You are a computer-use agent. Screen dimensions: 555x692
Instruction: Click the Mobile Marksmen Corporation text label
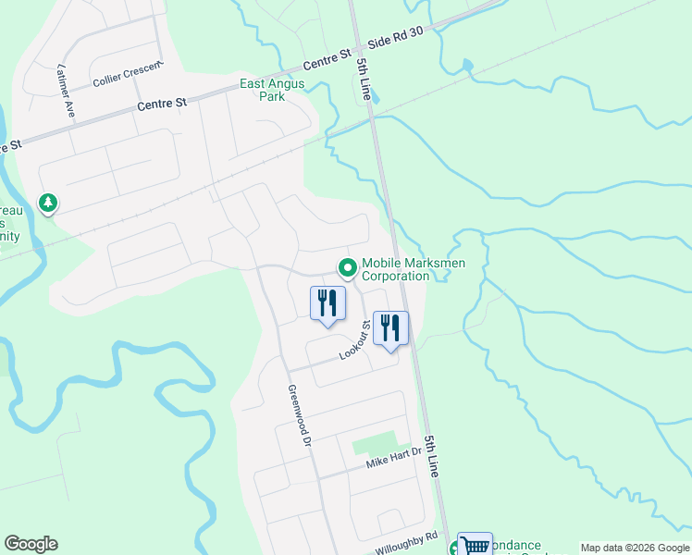(413, 269)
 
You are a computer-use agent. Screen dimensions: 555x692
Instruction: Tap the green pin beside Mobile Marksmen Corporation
(348, 268)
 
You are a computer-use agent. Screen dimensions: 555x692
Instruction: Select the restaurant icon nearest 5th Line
(390, 328)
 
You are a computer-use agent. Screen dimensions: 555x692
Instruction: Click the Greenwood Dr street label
(297, 415)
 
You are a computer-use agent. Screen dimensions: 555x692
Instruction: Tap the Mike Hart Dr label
(392, 456)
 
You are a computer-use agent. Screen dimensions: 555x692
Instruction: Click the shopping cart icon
(475, 545)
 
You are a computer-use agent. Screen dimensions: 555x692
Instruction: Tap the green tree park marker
(47, 203)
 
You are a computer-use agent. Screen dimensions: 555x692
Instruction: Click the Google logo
(31, 544)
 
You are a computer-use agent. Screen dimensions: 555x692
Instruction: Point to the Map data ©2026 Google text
(634, 548)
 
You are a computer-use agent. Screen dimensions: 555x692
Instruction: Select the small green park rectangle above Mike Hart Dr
(375, 443)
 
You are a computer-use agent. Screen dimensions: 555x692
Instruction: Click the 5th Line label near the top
(365, 80)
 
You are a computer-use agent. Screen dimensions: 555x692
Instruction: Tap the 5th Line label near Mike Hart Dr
(431, 456)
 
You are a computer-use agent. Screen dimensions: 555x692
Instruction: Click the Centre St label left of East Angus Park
(162, 105)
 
